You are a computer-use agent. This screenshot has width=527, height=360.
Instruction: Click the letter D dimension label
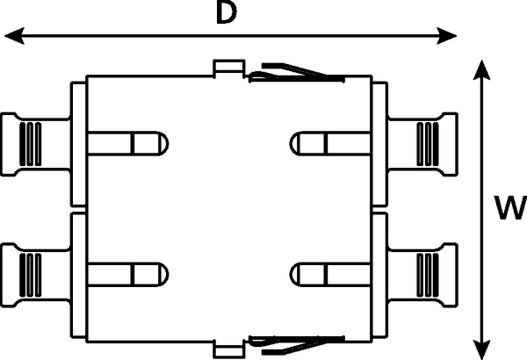pyautogui.click(x=227, y=13)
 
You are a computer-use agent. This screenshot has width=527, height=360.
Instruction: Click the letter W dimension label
pyautogui.click(x=510, y=207)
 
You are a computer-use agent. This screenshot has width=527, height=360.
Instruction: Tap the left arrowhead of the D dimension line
pyautogui.click(x=14, y=36)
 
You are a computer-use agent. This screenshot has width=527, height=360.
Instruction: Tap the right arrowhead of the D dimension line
pyautogui.click(x=447, y=36)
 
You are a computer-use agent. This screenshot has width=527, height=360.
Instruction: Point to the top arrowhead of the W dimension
pyautogui.click(x=481, y=70)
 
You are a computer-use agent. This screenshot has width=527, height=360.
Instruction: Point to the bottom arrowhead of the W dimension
pyautogui.click(x=481, y=350)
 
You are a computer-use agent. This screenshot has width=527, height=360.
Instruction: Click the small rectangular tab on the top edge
pyautogui.click(x=229, y=68)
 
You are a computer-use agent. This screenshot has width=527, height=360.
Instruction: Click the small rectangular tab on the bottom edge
pyautogui.click(x=229, y=349)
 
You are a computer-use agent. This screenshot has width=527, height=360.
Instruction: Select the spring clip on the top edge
pyautogui.click(x=297, y=73)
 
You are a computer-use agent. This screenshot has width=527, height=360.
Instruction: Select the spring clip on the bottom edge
pyautogui.click(x=297, y=345)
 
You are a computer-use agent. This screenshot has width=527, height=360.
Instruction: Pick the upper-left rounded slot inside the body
pyautogui.click(x=127, y=143)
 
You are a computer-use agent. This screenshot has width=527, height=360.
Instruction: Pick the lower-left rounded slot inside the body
pyautogui.click(x=127, y=274)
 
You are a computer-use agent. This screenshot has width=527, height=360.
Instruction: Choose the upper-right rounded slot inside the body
pyautogui.click(x=330, y=143)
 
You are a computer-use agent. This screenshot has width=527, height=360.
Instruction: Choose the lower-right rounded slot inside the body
pyautogui.click(x=330, y=274)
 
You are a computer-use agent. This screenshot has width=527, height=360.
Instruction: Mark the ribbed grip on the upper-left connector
pyautogui.click(x=30, y=144)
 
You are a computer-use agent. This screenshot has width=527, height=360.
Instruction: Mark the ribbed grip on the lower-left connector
pyautogui.click(x=30, y=275)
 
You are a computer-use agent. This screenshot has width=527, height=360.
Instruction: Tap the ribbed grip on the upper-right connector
pyautogui.click(x=428, y=144)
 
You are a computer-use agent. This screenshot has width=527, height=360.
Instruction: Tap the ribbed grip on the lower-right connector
pyautogui.click(x=428, y=275)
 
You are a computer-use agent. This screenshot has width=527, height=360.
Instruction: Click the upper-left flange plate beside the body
pyautogui.click(x=78, y=144)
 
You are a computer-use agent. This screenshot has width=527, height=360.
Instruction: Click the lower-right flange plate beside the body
pyautogui.click(x=380, y=275)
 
